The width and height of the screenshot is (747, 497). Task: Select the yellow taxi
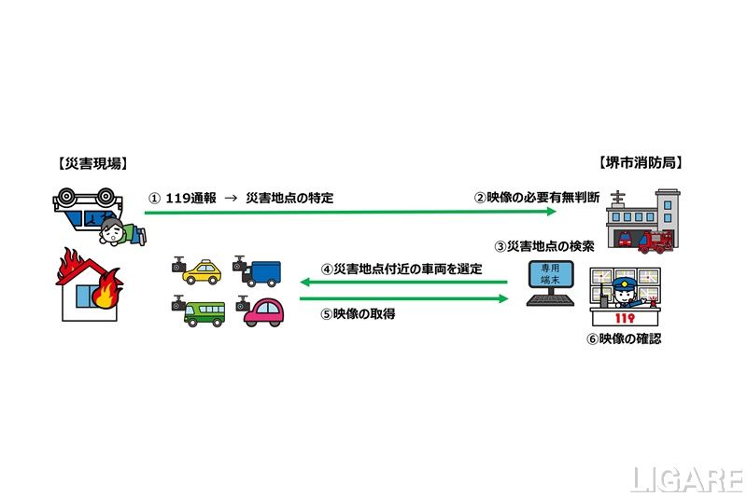(x=201, y=271)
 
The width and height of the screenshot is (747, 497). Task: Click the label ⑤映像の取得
(x=358, y=314)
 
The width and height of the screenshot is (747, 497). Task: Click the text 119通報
(x=190, y=199)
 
